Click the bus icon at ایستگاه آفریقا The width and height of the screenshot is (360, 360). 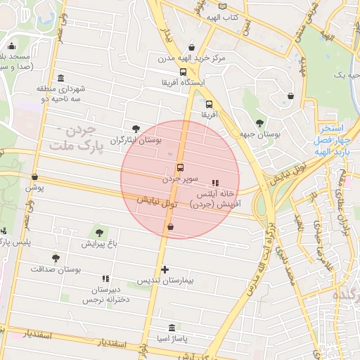tap(184, 72)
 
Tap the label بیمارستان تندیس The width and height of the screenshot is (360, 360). tap(163, 281)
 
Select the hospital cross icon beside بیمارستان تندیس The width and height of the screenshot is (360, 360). tap(165, 269)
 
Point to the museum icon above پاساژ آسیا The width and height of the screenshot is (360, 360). tap(172, 328)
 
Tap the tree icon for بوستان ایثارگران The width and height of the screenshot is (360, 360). tap(136, 129)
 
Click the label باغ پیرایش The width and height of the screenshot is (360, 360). tap(97, 244)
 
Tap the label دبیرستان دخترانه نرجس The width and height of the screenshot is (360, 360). tap(103, 295)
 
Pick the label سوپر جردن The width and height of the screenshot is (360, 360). tap(182, 179)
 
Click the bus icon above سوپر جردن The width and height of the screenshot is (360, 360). tap(181, 168)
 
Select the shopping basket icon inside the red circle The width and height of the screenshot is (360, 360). tap(170, 226)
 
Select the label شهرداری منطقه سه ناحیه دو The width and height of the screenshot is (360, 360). tap(62, 94)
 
